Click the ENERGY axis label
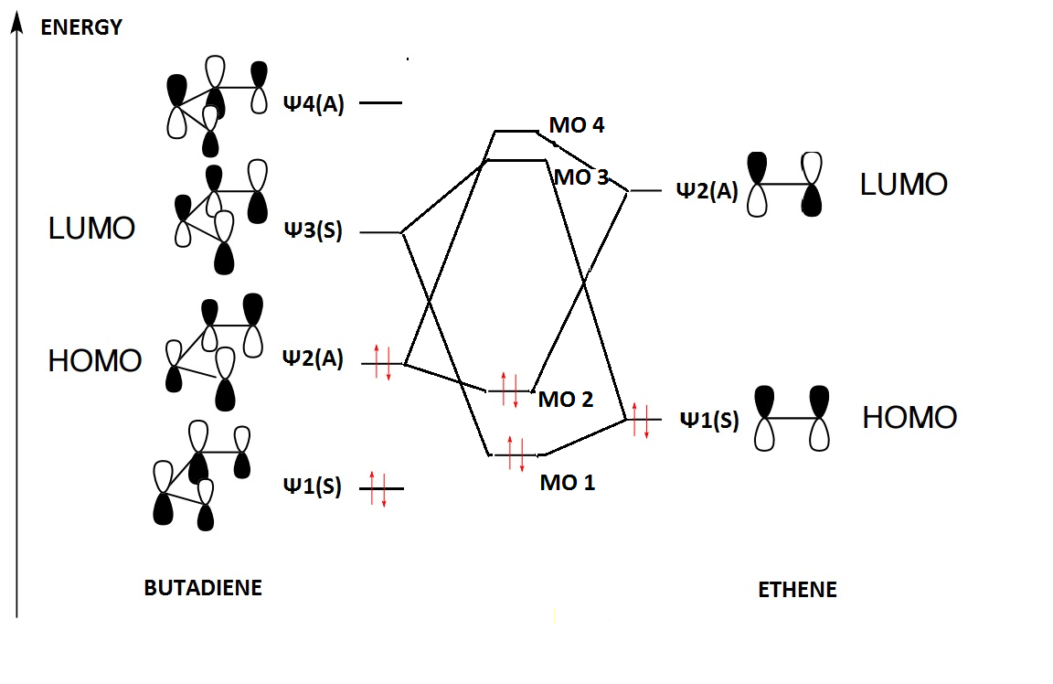(81, 27)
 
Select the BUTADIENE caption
(203, 588)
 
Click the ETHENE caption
(797, 590)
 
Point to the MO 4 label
(577, 125)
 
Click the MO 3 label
(581, 176)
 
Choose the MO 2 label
(566, 400)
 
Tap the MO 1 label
(567, 483)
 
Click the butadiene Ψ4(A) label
(313, 103)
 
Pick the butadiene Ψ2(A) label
(313, 359)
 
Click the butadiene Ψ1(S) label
(312, 487)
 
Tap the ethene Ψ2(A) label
(707, 190)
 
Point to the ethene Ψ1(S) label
(709, 421)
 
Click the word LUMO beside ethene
(903, 186)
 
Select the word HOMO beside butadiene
(95, 361)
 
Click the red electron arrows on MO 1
(516, 454)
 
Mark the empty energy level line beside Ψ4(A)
(380, 103)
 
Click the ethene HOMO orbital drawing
(792, 420)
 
